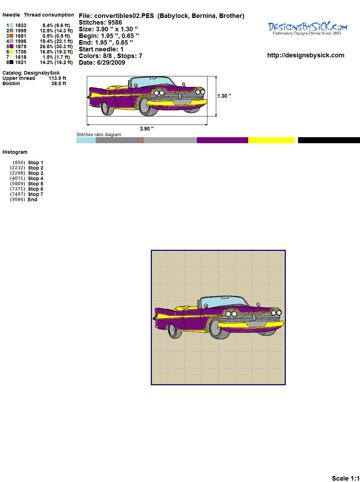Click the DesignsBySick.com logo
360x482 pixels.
pyautogui.click(x=307, y=28)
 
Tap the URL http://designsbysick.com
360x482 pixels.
pyautogui.click(x=306, y=55)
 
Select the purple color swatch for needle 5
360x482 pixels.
pyautogui.click(x=11, y=46)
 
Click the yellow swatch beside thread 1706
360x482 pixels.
pyautogui.click(x=11, y=52)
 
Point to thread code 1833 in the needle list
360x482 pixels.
pyautogui.click(x=21, y=25)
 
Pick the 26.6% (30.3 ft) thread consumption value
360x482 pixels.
pyautogui.click(x=56, y=46)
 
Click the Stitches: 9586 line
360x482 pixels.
pyautogui.click(x=100, y=23)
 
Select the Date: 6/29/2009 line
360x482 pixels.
pyautogui.click(x=102, y=63)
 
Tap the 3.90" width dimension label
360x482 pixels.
pyautogui.click(x=147, y=129)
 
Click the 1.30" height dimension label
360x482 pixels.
pyautogui.click(x=224, y=96)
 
